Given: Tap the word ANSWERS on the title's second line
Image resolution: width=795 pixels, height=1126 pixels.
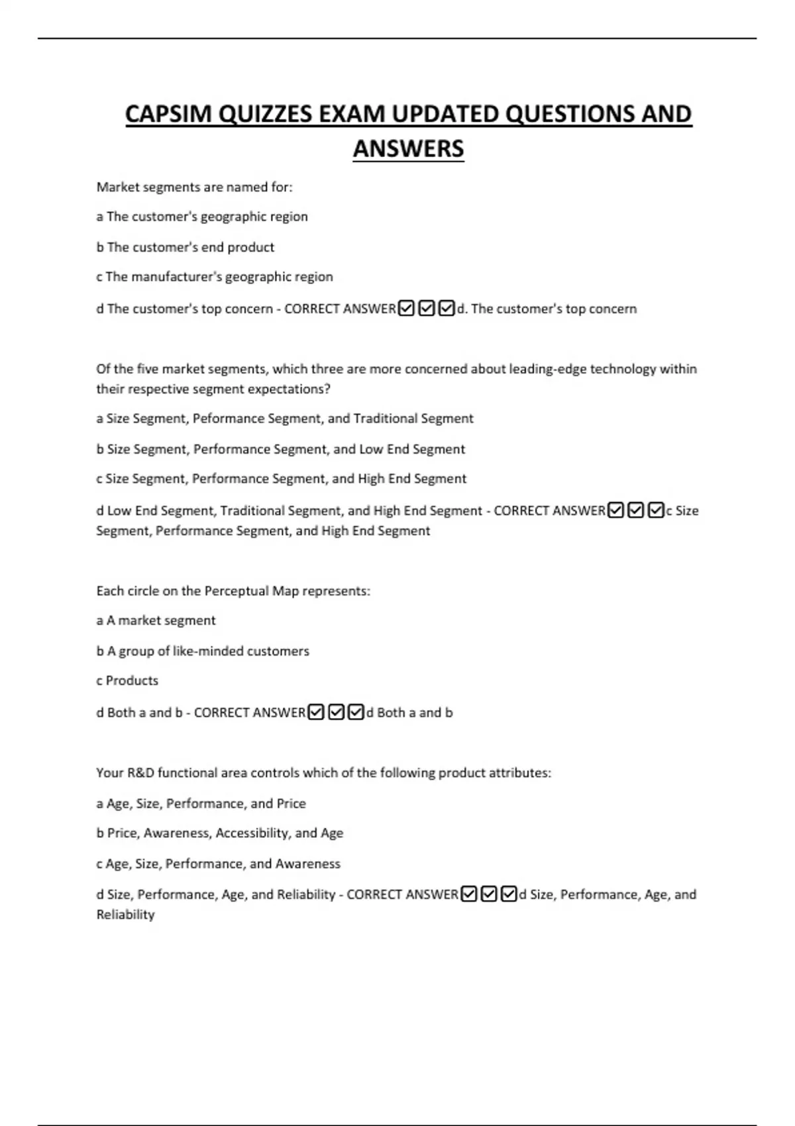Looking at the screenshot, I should [408, 148].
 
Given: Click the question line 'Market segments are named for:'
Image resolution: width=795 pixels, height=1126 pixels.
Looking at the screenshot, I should [194, 187].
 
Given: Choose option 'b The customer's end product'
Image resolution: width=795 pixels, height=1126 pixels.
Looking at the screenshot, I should [185, 247].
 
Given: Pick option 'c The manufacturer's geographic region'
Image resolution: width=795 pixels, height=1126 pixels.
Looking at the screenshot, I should [214, 277].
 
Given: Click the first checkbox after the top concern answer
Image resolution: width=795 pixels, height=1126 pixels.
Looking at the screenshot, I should [406, 308].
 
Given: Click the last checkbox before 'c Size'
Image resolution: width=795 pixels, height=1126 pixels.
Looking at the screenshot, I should [655, 510].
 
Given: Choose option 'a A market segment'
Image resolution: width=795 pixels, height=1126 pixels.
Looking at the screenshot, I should [156, 621].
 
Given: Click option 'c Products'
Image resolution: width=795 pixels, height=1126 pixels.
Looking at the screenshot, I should [127, 680].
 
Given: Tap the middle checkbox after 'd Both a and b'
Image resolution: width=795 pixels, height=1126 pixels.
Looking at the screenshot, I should [336, 712].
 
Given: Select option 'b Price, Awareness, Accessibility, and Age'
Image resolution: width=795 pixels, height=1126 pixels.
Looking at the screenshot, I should [219, 833].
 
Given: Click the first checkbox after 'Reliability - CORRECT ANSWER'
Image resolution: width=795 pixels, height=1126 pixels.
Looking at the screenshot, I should [468, 894].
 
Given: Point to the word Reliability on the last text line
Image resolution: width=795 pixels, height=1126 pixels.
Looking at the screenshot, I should [125, 915].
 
